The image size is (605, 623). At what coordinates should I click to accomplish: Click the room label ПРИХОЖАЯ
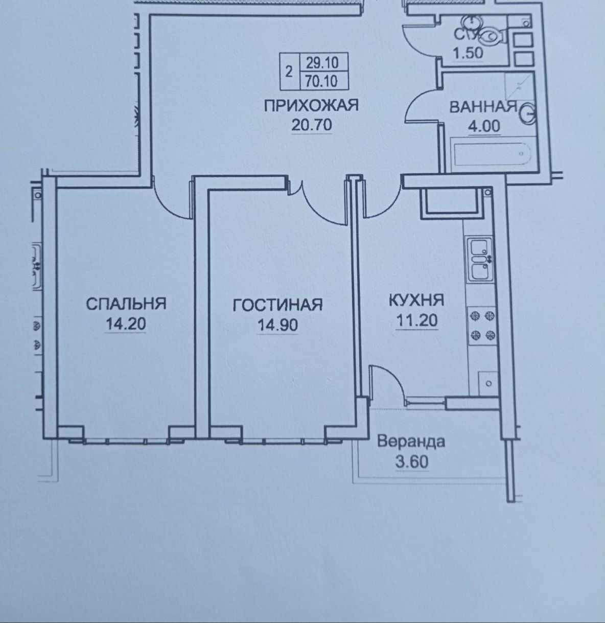pos(311,106)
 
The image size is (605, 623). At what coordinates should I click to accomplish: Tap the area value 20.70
pos(312,125)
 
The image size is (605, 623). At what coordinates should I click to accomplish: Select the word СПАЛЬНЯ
pos(126,304)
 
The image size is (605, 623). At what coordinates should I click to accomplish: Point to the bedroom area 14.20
pos(126,324)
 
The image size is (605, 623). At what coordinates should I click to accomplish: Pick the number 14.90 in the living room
pos(277,325)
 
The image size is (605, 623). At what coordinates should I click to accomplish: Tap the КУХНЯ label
pos(416,301)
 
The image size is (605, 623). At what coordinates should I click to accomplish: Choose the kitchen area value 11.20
pos(417,320)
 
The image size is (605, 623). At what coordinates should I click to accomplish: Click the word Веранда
pos(411,442)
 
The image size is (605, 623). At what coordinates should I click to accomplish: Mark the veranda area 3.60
pos(412,462)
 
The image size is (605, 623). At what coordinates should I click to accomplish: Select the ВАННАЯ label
pos(483,107)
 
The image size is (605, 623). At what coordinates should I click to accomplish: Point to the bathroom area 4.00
pos(484,126)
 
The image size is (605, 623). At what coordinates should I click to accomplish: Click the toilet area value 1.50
pos(468,53)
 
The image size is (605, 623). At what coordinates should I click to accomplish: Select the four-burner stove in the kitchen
pos(482,326)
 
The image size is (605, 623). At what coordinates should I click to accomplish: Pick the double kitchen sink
pos(479,259)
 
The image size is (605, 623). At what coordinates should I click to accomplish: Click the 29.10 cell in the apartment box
pos(322,62)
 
